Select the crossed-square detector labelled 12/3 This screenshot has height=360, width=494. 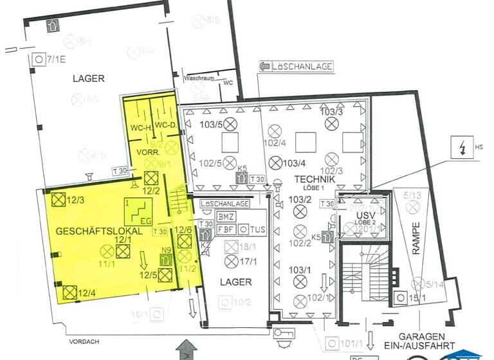click(x=57, y=200)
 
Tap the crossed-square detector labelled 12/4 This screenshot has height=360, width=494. click(x=69, y=292)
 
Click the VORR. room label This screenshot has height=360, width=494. click(x=145, y=152)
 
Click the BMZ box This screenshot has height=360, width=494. click(x=226, y=217)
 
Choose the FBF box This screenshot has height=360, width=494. click(x=226, y=229)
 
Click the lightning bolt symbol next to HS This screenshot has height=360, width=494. click(x=461, y=148)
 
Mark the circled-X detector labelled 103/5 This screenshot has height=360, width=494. click(x=230, y=123)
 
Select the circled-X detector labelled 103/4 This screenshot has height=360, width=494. click(x=276, y=162)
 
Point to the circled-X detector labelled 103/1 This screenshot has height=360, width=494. click(x=299, y=281)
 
